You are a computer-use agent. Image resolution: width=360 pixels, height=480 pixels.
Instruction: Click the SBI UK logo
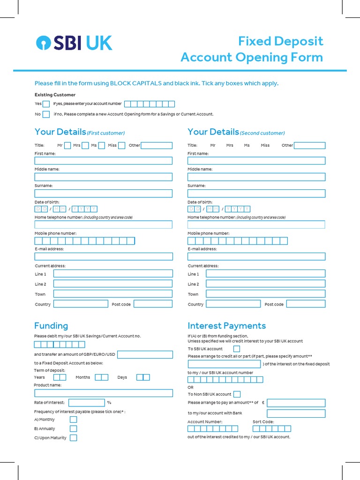(74, 43)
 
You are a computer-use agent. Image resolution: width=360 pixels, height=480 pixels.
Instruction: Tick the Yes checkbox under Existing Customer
(46, 104)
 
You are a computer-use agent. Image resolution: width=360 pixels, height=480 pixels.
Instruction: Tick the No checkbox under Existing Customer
(46, 114)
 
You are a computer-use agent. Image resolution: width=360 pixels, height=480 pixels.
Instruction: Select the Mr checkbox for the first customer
(67, 145)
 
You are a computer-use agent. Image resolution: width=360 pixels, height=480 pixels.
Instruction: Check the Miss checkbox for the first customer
(122, 145)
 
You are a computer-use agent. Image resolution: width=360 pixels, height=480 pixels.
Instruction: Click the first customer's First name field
(103, 161)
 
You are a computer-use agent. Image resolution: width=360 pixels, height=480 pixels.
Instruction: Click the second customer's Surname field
(256, 193)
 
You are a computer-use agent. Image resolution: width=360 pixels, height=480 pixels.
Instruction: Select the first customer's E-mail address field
(103, 256)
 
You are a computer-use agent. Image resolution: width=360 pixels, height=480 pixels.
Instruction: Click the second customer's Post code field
(306, 304)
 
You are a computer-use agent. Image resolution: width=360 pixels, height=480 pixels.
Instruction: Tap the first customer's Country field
(81, 304)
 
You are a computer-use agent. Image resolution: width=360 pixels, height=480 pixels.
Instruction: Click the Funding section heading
(51, 326)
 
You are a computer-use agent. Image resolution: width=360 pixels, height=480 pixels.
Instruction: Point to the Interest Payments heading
(226, 326)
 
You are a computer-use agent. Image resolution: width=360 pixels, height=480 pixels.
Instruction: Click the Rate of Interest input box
(87, 403)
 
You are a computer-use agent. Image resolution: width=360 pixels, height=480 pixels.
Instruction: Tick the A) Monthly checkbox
(73, 420)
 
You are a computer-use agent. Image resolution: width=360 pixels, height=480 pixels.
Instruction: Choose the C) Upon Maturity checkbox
(73, 438)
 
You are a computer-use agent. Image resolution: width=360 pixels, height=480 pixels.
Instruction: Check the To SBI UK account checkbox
(237, 349)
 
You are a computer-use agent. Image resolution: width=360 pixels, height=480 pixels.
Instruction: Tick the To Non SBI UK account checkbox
(237, 394)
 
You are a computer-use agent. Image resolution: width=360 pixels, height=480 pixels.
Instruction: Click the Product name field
(103, 393)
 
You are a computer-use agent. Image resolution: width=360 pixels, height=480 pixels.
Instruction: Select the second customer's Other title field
(309, 145)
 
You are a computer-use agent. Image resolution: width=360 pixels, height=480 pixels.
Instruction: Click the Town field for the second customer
(265, 294)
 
